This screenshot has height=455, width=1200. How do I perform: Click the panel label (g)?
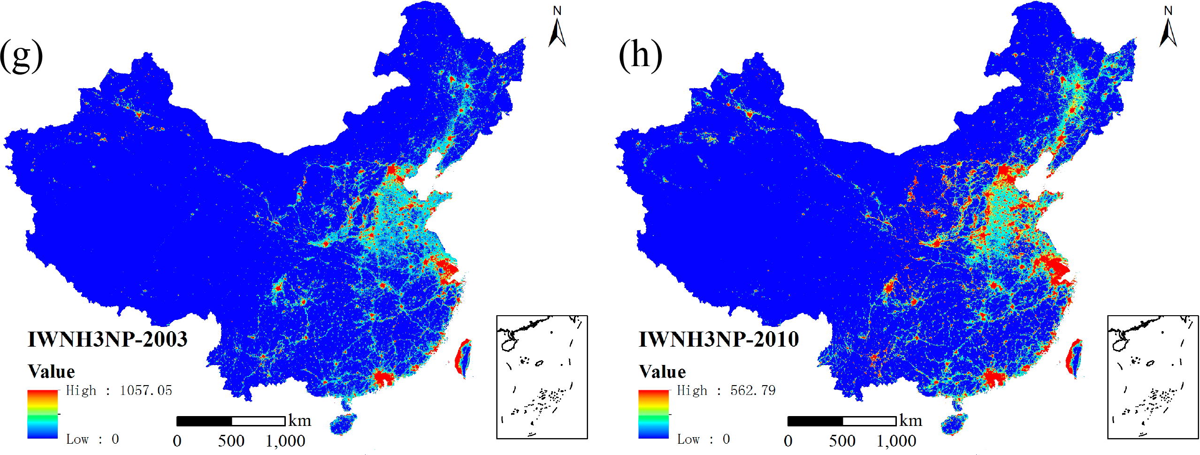point(22,55)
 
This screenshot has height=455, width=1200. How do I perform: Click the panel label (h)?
point(640,55)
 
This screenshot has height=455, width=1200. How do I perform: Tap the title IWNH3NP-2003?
point(107,339)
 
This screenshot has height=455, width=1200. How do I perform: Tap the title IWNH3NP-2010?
point(718,339)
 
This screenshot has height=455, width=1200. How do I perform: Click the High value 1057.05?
point(146,390)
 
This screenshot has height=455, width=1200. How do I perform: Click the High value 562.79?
point(753,390)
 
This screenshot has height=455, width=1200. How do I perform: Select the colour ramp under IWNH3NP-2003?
point(42,414)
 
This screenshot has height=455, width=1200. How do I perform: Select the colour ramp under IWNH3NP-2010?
point(653,414)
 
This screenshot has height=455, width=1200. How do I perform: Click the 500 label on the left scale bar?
point(231,441)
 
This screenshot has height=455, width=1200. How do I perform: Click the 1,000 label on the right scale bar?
point(896,441)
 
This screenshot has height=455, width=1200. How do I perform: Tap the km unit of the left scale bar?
point(300,420)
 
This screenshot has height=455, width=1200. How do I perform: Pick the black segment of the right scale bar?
point(815,421)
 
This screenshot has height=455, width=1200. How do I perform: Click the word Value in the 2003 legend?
point(51,372)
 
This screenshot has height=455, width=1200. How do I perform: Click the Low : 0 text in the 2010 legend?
point(703,439)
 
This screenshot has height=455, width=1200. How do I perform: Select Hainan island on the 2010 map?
point(954,424)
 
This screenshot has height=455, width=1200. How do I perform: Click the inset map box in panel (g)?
point(542,377)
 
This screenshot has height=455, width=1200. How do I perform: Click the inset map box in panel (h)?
point(1153,377)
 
